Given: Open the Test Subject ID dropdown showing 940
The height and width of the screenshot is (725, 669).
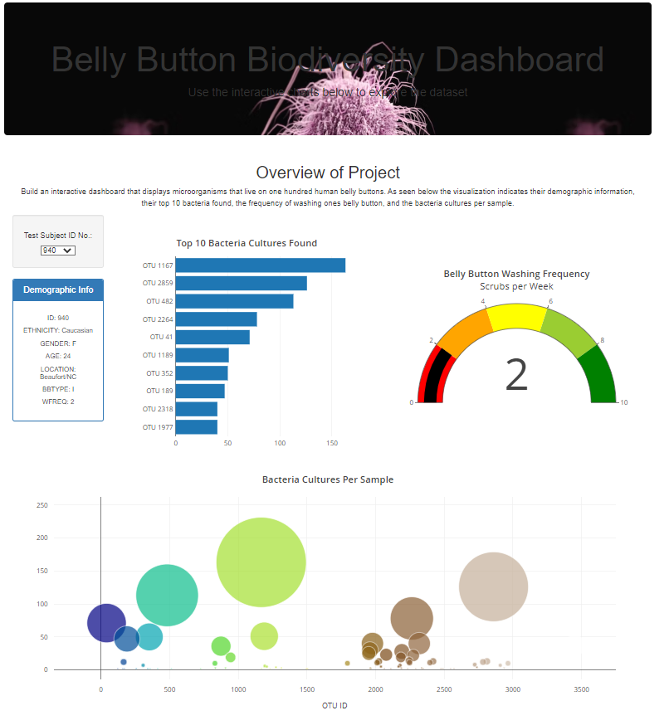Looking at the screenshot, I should tap(58, 251).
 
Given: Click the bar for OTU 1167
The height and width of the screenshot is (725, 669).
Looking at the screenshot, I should tap(260, 265).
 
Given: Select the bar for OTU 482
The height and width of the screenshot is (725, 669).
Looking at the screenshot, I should tap(234, 301).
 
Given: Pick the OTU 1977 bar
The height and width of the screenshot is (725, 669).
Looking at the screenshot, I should tap(197, 427).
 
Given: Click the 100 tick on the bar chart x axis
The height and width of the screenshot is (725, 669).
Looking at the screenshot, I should tap(280, 443).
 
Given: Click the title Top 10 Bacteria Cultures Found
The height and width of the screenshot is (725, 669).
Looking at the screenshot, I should tap(247, 243).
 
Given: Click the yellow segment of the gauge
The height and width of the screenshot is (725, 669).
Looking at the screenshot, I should tap(516, 317).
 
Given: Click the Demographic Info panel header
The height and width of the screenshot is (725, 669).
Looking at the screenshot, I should tap(58, 290).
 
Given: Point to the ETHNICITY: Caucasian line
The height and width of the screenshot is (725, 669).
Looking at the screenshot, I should tap(58, 330).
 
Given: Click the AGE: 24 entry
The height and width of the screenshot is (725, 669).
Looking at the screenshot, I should tap(58, 356).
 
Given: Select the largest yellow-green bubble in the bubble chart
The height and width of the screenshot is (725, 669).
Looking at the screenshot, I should tap(261, 562).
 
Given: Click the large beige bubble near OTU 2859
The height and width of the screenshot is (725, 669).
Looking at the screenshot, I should tap(493, 586).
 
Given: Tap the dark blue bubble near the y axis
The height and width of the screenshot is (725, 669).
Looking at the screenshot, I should tap(105, 623).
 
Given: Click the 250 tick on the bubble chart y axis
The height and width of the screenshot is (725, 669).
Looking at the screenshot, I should tap(42, 505).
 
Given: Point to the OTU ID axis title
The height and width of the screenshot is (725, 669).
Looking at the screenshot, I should tap(334, 705).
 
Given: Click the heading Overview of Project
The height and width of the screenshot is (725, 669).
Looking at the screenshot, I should tap(328, 173).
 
